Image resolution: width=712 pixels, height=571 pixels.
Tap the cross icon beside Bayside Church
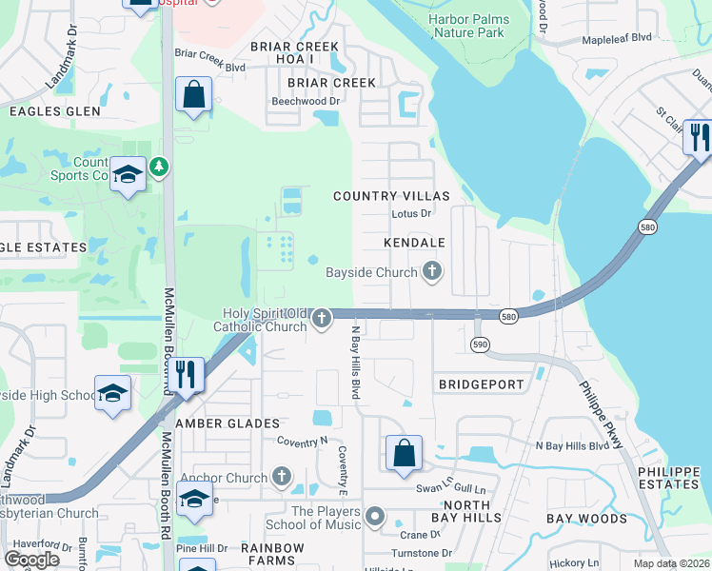[x=432, y=272]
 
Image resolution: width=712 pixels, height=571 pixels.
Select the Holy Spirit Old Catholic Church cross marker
[x=323, y=319]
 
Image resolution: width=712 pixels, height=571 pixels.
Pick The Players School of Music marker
[x=375, y=518]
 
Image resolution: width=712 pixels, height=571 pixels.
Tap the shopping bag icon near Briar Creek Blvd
[x=193, y=96]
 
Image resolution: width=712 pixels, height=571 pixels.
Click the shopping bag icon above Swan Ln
[x=404, y=453]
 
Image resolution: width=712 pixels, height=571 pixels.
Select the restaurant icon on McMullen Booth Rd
[x=185, y=374]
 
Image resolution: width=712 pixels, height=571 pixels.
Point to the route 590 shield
[x=480, y=343]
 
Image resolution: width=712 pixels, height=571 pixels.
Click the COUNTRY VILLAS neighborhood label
[x=390, y=196]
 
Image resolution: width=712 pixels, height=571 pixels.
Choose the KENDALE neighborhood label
[x=414, y=244]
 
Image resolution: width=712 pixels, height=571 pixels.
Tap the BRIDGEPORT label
[x=481, y=384]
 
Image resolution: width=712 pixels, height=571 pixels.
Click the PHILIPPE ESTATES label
[x=668, y=478]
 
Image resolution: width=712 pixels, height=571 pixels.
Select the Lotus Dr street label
[x=411, y=214]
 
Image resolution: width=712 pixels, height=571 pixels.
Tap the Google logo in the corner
[x=32, y=560]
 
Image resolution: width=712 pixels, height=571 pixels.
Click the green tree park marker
[x=159, y=168]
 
